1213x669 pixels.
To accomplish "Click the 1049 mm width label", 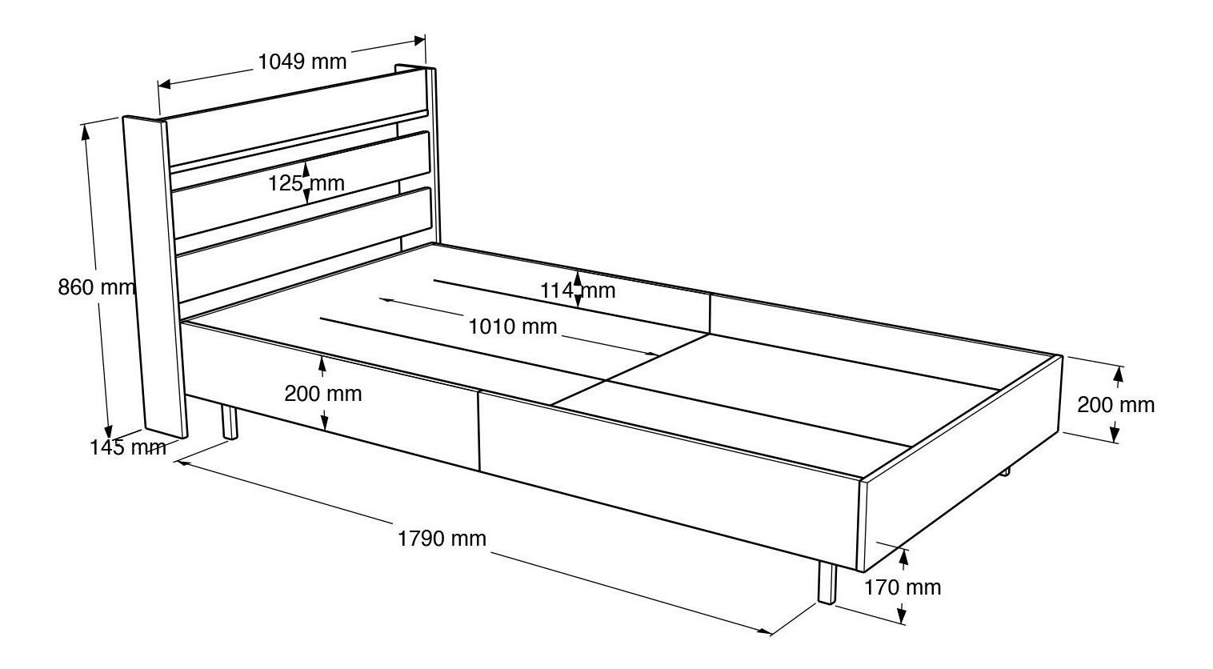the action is [x=302, y=62].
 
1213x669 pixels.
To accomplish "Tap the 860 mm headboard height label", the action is [x=96, y=287].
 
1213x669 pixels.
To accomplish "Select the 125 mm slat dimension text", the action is [x=306, y=183].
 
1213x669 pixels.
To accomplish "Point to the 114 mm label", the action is [x=578, y=290].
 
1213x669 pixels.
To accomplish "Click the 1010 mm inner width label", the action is [x=512, y=326].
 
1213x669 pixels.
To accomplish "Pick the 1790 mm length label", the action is [x=442, y=539].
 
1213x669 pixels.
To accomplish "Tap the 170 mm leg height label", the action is [x=903, y=587].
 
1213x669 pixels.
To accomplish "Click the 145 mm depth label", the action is [x=128, y=447].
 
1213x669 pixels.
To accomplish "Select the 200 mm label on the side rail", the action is [x=323, y=394].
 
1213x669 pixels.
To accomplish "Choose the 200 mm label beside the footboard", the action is [x=1116, y=405].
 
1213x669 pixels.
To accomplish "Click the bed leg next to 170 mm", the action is [x=827, y=583].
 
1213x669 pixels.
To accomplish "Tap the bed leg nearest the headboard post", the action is [x=230, y=423].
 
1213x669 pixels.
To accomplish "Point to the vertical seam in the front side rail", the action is [x=478, y=430].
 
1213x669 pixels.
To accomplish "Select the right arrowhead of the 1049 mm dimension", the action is [x=419, y=41].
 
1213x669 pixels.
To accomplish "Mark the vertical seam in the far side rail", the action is [x=710, y=313].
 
